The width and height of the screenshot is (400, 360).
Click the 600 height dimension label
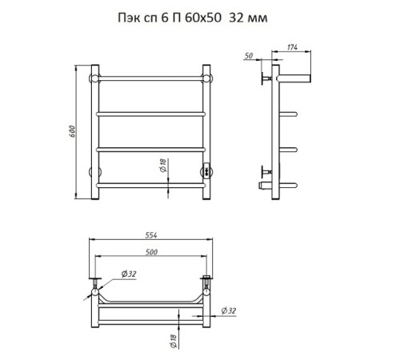[72, 131]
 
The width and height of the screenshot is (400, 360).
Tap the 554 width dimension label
[151, 235]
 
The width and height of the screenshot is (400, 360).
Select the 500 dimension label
[151, 252]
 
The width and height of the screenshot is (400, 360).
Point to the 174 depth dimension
[292, 47]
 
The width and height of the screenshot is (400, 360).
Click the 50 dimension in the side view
[248, 56]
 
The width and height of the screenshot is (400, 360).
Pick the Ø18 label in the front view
[163, 166]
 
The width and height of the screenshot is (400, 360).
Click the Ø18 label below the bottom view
[174, 342]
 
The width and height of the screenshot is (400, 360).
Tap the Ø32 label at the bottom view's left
[129, 274]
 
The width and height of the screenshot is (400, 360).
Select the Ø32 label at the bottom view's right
[229, 310]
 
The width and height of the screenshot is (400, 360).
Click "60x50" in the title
[203, 18]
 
